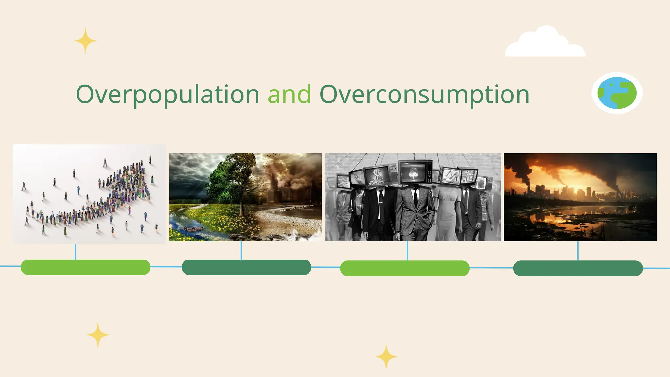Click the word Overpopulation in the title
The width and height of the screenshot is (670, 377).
[x=167, y=95]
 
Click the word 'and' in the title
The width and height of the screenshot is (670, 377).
[x=289, y=95]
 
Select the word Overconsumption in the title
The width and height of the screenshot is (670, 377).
[x=424, y=95]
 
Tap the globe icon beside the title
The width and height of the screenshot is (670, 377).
[x=617, y=93]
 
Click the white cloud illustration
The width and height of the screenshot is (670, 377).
[x=545, y=43]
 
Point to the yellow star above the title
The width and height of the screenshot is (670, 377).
[x=85, y=41]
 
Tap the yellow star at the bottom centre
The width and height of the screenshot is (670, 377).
[x=386, y=356]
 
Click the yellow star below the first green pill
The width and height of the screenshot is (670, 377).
[x=98, y=335]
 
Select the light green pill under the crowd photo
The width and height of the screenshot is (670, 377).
[x=85, y=267]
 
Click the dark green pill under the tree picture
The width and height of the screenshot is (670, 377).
[x=246, y=267]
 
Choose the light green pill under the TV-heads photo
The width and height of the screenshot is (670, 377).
[x=405, y=268]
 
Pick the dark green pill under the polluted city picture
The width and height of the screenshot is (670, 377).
[x=578, y=268]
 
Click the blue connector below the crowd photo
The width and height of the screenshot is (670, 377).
[x=76, y=252]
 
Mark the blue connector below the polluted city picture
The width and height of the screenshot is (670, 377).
[x=578, y=251]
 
